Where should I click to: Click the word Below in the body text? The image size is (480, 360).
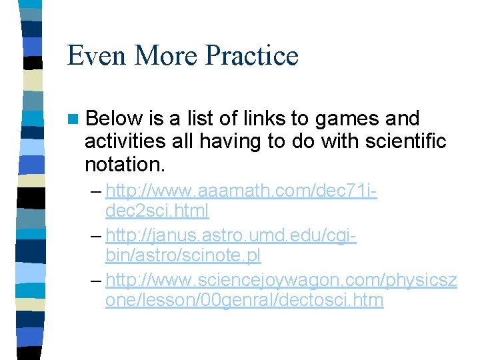tap(114, 119)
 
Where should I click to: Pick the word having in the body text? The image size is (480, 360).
tap(231, 140)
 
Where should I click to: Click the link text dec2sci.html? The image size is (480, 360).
tap(157, 211)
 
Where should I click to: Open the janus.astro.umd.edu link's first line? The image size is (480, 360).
tap(231, 235)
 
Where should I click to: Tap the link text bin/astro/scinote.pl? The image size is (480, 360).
tap(183, 255)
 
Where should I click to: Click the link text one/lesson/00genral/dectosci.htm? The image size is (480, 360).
tap(244, 300)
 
